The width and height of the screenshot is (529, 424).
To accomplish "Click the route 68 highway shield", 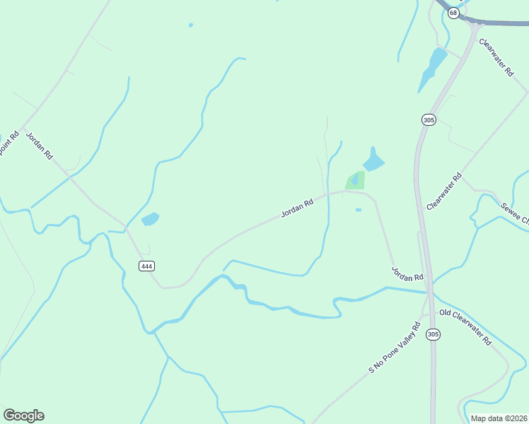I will (x=453, y=13).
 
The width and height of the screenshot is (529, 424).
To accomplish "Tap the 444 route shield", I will (x=146, y=266).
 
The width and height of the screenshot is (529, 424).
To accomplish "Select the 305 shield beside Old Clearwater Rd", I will (x=434, y=334).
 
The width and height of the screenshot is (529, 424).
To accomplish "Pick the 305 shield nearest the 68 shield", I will (x=428, y=120).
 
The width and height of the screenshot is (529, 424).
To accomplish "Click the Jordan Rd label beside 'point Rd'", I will (x=40, y=145).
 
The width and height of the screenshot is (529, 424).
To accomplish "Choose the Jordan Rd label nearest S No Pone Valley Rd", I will (x=407, y=272).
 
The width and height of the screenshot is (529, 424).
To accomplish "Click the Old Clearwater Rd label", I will (x=465, y=326).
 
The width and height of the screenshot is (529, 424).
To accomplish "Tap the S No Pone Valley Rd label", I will (x=395, y=348).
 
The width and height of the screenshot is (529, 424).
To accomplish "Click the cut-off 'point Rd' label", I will (x=8, y=145).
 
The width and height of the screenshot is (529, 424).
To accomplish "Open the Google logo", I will (x=23, y=416).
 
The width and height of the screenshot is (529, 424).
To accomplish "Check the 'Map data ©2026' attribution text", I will (x=499, y=418).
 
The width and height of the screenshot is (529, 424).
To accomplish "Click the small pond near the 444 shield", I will (x=150, y=219).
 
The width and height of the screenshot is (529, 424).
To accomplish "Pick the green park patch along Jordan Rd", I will (x=356, y=180).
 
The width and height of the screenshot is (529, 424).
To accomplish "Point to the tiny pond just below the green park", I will (x=359, y=209).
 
